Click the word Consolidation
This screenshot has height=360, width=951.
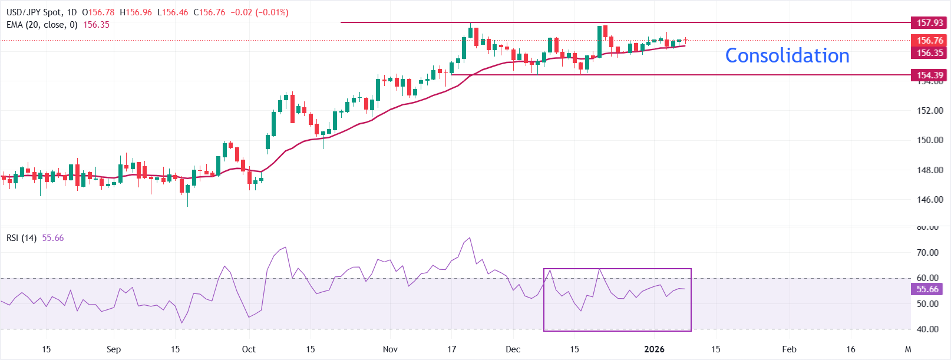tap(787, 55)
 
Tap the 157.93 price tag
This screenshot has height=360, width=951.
tap(929, 23)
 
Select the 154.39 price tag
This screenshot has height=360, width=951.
tap(929, 75)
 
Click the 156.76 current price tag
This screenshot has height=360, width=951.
tap(929, 41)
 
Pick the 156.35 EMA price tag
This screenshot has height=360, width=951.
tap(929, 53)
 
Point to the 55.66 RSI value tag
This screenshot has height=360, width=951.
tap(927, 289)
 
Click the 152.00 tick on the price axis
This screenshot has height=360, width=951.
tap(930, 111)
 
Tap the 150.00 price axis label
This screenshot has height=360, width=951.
tap(930, 140)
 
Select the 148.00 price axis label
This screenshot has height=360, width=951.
tap(930, 170)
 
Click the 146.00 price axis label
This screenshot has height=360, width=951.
tap(930, 200)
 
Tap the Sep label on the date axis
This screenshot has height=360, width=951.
tap(114, 349)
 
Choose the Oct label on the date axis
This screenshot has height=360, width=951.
tap(249, 349)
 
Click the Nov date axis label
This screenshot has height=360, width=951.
tap(390, 349)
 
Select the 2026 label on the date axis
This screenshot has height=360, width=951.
tap(654, 349)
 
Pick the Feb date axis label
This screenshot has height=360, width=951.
tap(789, 349)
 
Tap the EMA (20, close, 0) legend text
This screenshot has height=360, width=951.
tap(42, 25)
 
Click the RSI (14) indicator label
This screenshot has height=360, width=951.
tap(21, 238)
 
